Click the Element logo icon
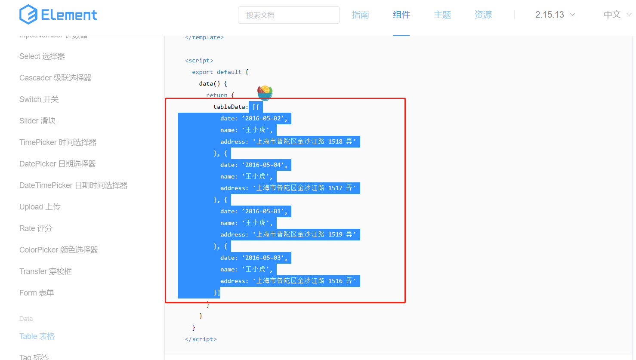pos(28,15)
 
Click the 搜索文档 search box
pos(289,15)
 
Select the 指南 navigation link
pos(360,15)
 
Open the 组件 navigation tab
pos(401,15)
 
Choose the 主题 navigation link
pos(442,15)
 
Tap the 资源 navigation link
pos(483,15)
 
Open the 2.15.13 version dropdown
pos(555,15)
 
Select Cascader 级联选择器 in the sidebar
pos(56,78)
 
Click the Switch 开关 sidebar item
pos(39,99)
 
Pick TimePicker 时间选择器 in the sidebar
pos(58,142)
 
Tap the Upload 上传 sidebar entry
pos(40,207)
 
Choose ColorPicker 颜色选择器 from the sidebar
pos(59,250)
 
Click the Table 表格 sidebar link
pos(37,336)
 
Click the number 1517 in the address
pos(335,188)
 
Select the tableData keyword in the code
pos(230,107)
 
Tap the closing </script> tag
pos(201,339)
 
